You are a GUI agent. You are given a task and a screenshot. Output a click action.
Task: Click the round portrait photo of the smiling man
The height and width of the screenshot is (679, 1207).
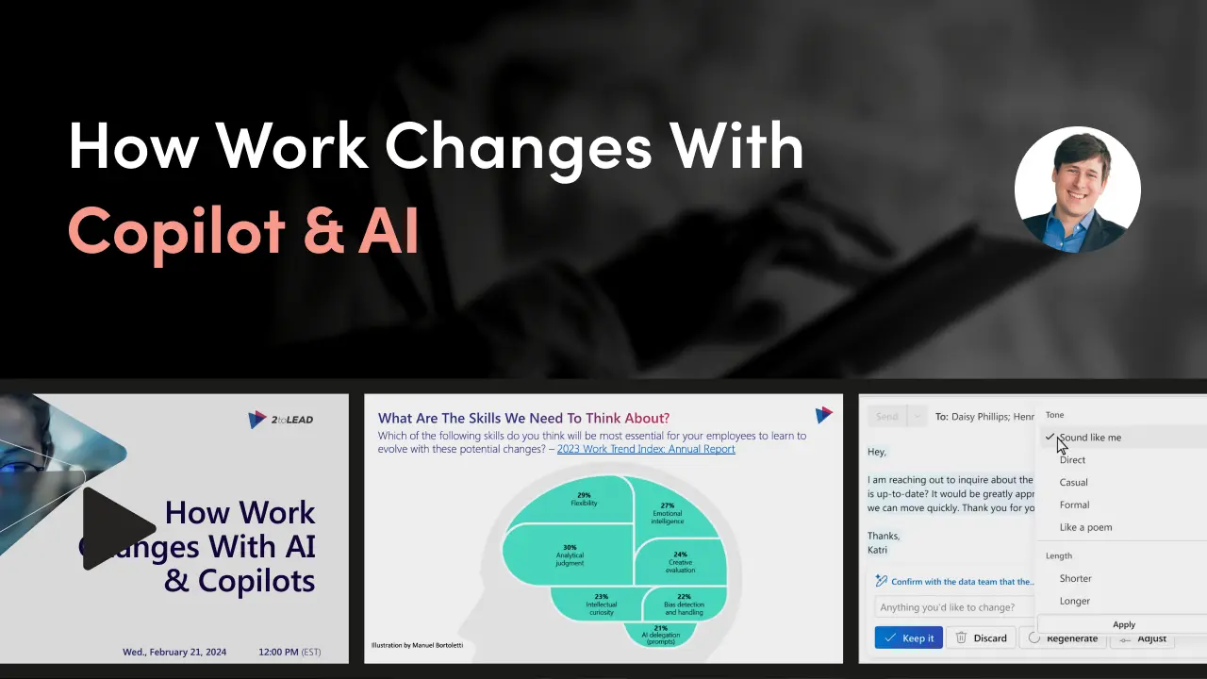point(1077,190)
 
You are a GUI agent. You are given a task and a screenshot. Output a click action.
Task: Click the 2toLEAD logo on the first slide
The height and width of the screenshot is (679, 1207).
point(280,420)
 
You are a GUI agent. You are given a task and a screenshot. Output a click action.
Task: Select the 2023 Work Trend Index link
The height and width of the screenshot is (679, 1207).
point(646,449)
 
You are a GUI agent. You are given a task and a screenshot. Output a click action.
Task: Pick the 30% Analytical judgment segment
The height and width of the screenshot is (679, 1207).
point(569,555)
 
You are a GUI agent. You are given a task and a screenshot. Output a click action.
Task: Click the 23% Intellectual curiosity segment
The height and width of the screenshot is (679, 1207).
point(601,604)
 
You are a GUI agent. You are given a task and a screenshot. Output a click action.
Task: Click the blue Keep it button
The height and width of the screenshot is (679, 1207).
point(908,638)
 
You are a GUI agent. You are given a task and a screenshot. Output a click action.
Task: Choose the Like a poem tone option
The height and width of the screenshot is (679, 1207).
point(1085,527)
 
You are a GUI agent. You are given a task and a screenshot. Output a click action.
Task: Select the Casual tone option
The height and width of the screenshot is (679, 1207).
point(1073,482)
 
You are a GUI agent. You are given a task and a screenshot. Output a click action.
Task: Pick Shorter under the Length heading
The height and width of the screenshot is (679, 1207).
point(1075,578)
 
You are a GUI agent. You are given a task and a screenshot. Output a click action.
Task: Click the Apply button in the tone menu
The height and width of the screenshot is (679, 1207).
point(1123,624)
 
